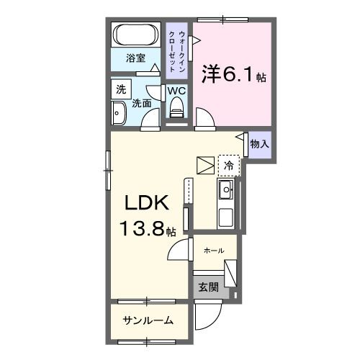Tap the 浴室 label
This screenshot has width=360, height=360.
[x=135, y=60]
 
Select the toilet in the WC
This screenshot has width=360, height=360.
[x=176, y=109]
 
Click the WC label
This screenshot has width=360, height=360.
[x=176, y=91]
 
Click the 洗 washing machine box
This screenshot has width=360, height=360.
[x=119, y=89]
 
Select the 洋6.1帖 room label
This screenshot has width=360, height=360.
[x=233, y=74]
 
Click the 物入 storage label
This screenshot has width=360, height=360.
[x=259, y=144]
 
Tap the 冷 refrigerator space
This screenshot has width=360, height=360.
[x=228, y=166]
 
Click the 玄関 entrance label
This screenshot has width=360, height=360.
[x=207, y=287]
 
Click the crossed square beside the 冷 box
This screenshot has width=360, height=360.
[x=205, y=165]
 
